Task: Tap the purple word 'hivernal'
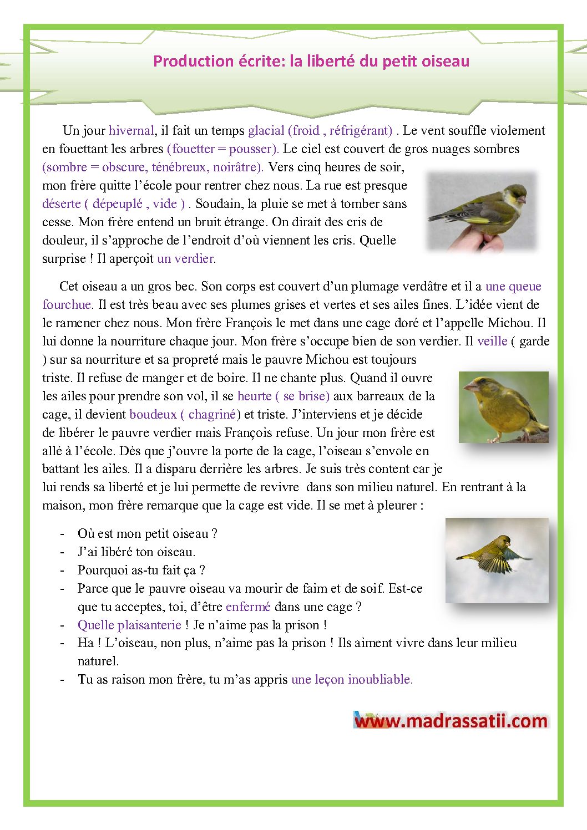click(x=131, y=131)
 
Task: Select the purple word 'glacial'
click(x=266, y=131)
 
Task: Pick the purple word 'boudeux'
click(x=153, y=415)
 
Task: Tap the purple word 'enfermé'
click(x=248, y=607)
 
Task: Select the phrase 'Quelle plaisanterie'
click(x=129, y=625)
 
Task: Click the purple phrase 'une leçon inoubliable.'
click(x=352, y=680)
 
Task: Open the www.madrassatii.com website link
click(x=451, y=721)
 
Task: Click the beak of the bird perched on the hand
click(x=523, y=198)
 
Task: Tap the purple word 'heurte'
click(x=254, y=396)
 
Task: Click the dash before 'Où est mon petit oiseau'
click(x=63, y=534)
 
